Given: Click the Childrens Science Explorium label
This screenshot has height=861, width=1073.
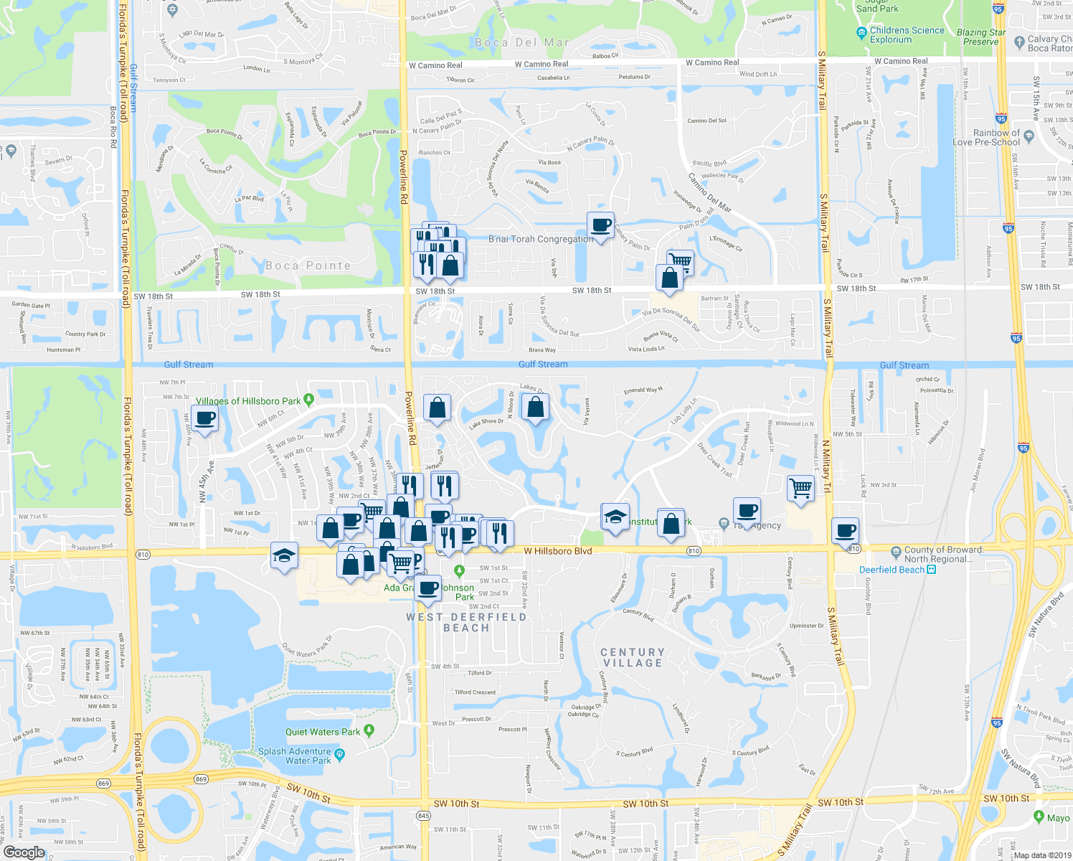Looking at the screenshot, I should [907, 35].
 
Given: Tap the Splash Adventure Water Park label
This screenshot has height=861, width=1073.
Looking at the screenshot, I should [294, 756].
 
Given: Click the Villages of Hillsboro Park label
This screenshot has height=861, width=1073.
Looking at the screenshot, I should [248, 401].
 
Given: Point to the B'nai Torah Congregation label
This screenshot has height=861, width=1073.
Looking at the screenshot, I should [540, 239].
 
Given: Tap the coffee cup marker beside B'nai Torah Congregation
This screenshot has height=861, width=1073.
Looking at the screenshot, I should [600, 225].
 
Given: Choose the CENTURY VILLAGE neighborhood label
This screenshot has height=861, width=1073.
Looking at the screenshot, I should [632, 657].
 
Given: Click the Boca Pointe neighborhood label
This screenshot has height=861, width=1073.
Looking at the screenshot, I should [308, 265].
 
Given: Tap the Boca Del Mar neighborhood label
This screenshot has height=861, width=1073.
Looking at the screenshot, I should [521, 42].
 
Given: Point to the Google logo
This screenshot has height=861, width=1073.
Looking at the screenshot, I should [24, 852].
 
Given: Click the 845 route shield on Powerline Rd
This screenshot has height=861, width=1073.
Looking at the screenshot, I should [423, 816].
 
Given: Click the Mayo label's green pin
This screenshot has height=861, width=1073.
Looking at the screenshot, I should [1039, 817].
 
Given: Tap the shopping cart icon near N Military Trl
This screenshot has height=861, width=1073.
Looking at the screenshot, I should [800, 489].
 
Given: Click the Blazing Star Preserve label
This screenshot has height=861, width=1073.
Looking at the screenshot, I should [981, 37].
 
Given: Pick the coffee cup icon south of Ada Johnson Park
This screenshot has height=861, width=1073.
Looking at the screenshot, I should [428, 588].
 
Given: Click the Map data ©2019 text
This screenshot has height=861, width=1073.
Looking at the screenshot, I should [1041, 855].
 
